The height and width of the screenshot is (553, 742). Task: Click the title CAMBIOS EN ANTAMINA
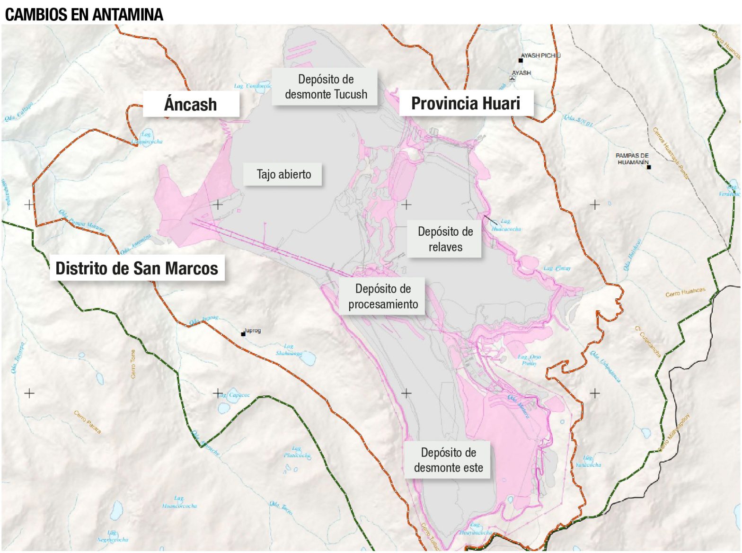(x=84, y=15)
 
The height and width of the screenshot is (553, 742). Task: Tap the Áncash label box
(x=191, y=104)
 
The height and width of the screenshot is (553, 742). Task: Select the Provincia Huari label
(x=466, y=103)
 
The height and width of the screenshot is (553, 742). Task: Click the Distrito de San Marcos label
(x=137, y=268)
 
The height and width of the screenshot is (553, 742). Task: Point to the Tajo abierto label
(x=284, y=174)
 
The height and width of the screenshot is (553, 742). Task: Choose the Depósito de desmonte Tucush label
(x=326, y=87)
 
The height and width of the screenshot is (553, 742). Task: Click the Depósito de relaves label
(x=445, y=239)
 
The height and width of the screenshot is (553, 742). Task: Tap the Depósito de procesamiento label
(x=383, y=296)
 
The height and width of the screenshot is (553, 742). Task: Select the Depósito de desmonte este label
(x=448, y=460)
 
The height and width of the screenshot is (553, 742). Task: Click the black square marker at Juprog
(x=243, y=334)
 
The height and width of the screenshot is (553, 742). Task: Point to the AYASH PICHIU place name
(x=540, y=55)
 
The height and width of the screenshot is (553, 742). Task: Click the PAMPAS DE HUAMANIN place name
(x=632, y=159)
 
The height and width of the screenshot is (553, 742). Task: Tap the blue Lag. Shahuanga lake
(x=309, y=359)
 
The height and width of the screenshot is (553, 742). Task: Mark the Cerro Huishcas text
(x=685, y=292)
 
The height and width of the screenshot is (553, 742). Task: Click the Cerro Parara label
(x=88, y=422)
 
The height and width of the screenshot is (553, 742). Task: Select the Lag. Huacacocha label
(x=506, y=225)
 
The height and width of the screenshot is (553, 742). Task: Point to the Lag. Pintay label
(x=557, y=268)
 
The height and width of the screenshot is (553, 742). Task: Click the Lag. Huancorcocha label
(x=179, y=502)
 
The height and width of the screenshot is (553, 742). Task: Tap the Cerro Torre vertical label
(x=133, y=364)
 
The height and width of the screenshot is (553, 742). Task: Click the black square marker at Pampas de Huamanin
(x=649, y=167)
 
